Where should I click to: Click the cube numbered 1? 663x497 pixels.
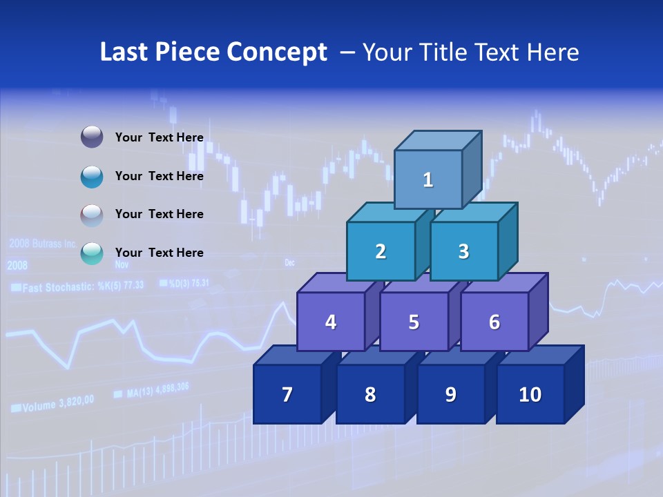(x=428, y=179)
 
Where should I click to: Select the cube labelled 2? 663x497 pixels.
(x=381, y=251)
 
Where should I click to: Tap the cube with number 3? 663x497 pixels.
(x=463, y=251)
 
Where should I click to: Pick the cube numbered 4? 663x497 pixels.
(x=331, y=322)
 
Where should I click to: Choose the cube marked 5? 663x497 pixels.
(x=414, y=322)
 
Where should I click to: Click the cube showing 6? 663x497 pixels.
(x=494, y=322)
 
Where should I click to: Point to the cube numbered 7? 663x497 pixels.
(x=287, y=394)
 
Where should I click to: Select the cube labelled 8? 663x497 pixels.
(x=370, y=394)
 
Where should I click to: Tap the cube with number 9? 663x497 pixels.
(x=450, y=394)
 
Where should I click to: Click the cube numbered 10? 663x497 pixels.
(x=530, y=394)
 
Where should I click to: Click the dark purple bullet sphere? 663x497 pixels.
(x=92, y=137)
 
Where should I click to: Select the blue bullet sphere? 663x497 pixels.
(x=92, y=176)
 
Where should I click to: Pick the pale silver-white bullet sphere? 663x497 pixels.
(x=92, y=215)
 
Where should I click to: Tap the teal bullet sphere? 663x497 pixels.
(x=92, y=253)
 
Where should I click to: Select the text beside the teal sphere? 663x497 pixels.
(x=159, y=253)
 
